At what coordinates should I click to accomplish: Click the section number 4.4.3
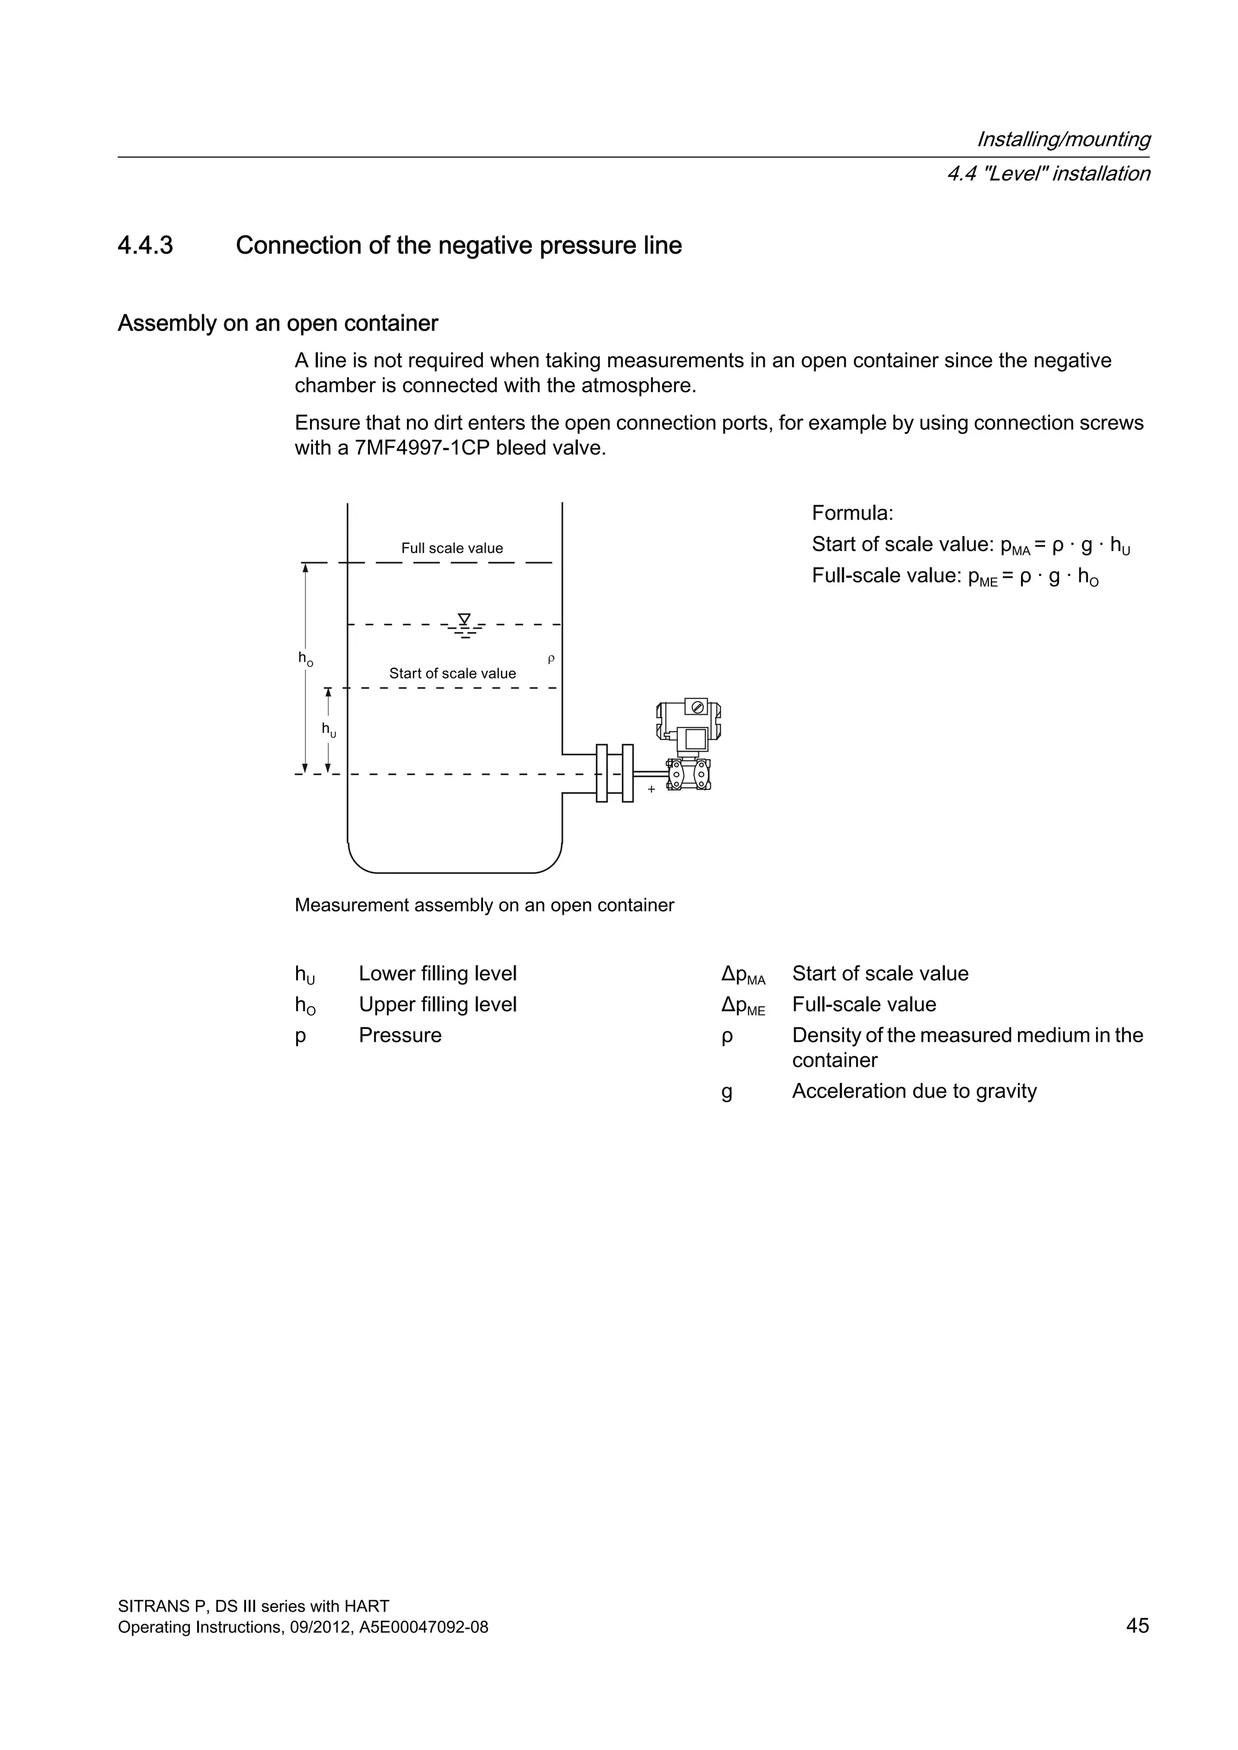[145, 245]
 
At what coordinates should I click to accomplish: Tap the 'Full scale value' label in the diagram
[452, 548]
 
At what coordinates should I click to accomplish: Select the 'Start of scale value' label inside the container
[452, 673]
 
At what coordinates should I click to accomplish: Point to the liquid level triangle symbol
[464, 619]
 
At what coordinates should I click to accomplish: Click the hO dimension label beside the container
[306, 659]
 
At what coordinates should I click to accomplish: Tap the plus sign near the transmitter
[651, 790]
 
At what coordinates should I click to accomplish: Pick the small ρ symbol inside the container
[551, 659]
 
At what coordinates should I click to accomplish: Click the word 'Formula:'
[852, 512]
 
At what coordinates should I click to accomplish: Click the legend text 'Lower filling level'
[438, 973]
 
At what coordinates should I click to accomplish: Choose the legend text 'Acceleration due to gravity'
[914, 1091]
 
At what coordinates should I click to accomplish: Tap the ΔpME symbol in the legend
[742, 1006]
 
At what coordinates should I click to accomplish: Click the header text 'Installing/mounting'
[1063, 140]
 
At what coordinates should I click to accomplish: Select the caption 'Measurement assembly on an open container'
[484, 905]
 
